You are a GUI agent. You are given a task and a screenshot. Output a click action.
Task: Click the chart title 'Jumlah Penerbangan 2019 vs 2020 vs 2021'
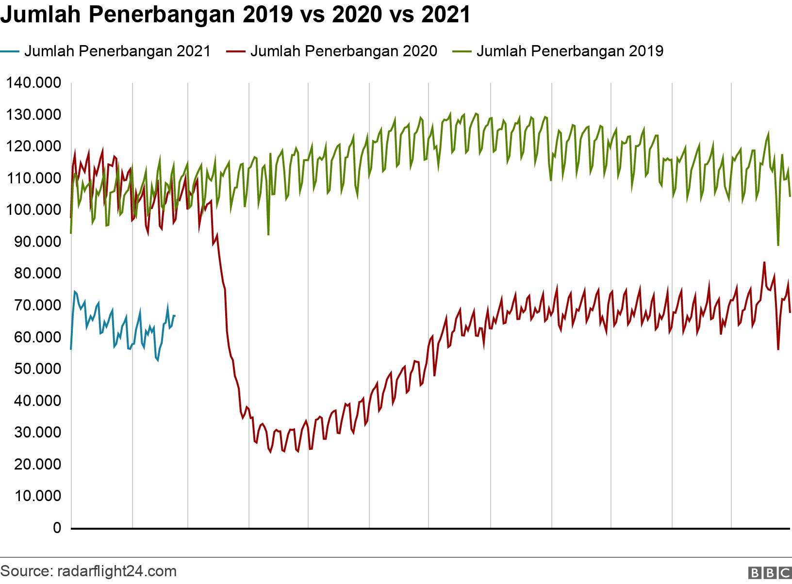click(236, 16)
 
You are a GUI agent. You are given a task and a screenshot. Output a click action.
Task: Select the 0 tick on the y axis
click(57, 528)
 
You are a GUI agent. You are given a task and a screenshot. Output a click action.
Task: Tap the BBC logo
click(769, 572)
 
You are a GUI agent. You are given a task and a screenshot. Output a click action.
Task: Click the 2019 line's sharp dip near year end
click(778, 245)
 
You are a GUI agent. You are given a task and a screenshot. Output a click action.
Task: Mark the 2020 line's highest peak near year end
click(764, 262)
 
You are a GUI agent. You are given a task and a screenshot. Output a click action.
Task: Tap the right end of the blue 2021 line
click(175, 316)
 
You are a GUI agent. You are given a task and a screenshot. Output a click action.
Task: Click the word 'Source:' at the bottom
click(24, 571)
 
